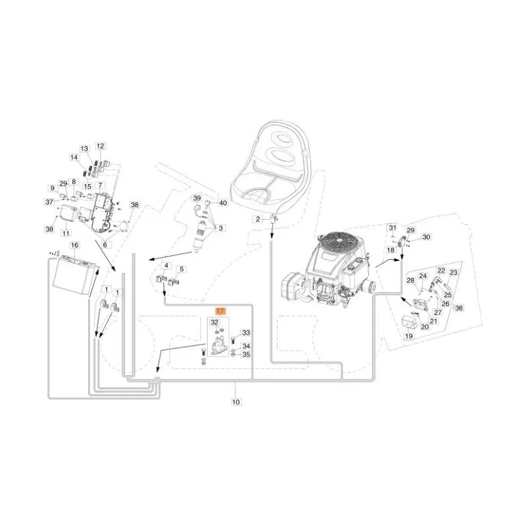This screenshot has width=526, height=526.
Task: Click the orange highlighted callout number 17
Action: pos(220,311)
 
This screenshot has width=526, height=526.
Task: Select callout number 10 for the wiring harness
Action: pos(236,402)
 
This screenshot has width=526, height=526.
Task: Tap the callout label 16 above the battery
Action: pos(74,245)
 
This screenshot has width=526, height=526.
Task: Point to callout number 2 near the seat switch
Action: pos(258,220)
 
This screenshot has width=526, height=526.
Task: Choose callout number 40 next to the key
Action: pos(223,203)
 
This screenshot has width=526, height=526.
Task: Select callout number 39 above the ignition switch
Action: pos(197,199)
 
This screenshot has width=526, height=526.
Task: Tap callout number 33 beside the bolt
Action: pos(246,333)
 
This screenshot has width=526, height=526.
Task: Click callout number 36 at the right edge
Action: pos(458,308)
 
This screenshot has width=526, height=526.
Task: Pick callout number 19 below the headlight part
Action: pos(408,336)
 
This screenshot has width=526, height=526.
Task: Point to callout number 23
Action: pos(453,272)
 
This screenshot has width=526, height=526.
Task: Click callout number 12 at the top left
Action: pos(101,146)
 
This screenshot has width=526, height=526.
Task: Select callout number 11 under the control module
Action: pos(66,233)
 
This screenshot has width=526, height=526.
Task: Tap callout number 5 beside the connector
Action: pos(181,269)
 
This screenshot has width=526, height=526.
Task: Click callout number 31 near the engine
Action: pos(393,227)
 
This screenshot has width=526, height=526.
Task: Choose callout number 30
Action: pos(425,237)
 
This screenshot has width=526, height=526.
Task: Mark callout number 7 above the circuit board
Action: pos(100,185)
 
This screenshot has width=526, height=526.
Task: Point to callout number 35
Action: pos(246,354)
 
